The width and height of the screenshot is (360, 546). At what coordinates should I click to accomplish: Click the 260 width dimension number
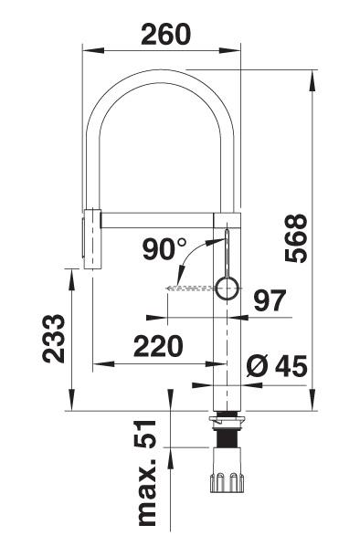pos(166,34)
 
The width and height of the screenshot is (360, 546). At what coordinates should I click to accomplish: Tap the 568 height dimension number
pos(296,238)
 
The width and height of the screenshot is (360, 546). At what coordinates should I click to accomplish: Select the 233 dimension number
pos(54,339)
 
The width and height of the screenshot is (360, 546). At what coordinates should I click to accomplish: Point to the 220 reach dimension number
pos(158,346)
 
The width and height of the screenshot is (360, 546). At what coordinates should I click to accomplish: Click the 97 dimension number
pos(270,300)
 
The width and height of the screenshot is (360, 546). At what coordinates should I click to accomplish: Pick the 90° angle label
pos(164,248)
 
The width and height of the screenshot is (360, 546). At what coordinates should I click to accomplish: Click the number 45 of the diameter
pos(291,365)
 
